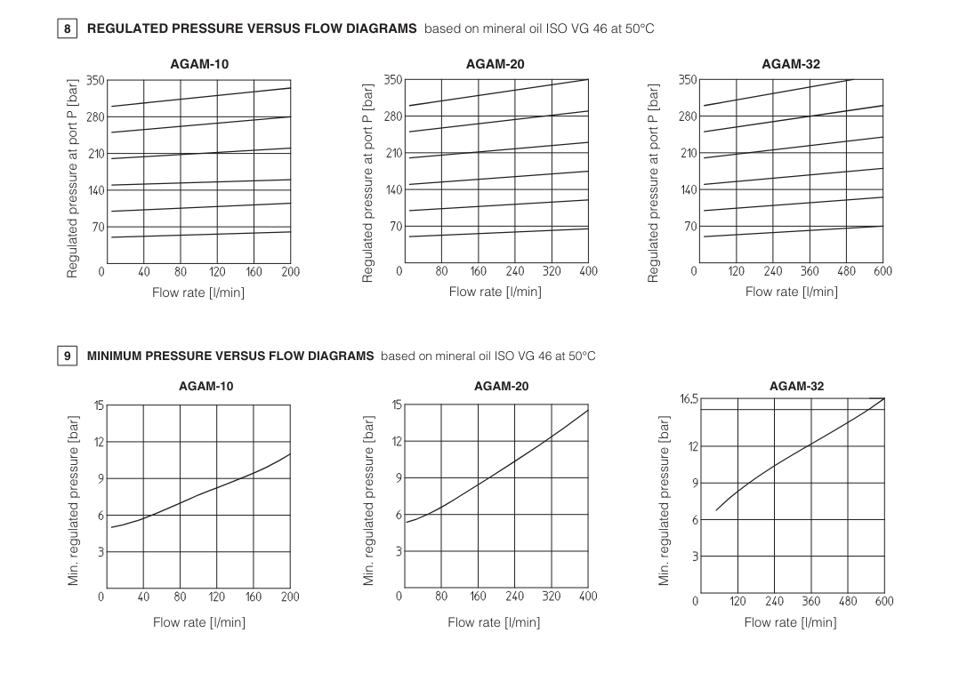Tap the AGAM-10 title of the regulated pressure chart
(x=199, y=64)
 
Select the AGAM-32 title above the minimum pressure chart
(x=796, y=386)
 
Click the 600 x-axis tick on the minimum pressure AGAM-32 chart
(x=883, y=601)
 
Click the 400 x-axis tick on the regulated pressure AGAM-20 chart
(x=588, y=271)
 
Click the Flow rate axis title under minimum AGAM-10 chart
(x=198, y=622)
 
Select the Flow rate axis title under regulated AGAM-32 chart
(x=791, y=292)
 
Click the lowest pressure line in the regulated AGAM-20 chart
(x=498, y=233)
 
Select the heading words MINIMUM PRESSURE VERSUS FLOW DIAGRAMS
(x=230, y=357)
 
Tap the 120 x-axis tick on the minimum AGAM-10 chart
(x=216, y=597)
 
